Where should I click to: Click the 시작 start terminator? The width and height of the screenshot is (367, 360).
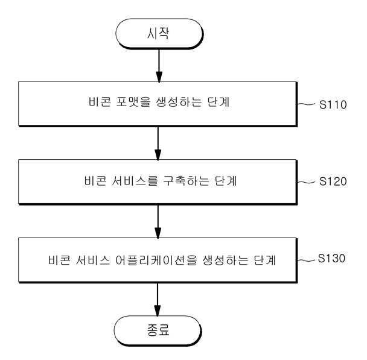coord(159,34)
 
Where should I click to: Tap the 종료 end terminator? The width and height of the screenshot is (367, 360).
coord(158,330)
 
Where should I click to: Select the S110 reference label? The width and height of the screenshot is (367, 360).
coord(333,104)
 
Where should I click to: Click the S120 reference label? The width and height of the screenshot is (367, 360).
coord(333,182)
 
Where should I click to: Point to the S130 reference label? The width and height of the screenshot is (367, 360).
coord(331,258)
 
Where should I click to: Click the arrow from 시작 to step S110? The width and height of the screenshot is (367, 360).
coord(159,66)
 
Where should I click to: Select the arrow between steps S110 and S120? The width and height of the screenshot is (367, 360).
coord(158,144)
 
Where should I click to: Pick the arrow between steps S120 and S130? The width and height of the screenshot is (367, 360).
coord(158,222)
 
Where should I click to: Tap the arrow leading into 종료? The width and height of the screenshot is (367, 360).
coord(158,300)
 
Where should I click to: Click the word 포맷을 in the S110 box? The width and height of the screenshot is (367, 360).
coord(133,102)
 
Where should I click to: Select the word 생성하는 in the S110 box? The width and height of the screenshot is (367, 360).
coord(179,102)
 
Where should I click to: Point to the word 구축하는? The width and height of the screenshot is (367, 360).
coord(186,181)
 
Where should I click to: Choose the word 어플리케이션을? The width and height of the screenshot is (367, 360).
coord(156,260)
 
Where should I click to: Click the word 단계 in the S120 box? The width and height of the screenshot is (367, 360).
coord(226,181)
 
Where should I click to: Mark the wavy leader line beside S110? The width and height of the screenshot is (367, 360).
coord(306,104)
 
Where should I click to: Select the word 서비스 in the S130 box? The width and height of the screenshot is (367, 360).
coord(93,260)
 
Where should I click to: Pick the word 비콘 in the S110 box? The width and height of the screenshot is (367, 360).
coord(100,102)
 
